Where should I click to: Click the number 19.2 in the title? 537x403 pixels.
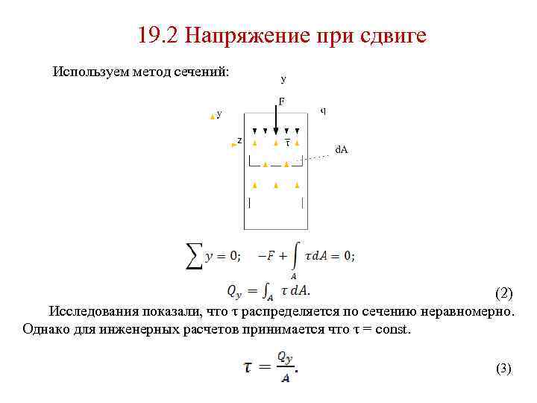157,35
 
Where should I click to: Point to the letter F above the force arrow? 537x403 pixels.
282,101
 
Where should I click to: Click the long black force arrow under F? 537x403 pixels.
276,119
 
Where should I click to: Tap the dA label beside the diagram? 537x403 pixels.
341,150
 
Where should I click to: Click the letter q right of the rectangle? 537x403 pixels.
322,110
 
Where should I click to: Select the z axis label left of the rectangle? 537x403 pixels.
239,140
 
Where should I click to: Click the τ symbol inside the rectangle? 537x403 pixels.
288,142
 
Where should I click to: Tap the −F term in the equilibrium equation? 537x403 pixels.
266,255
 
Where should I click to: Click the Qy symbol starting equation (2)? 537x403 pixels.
233,290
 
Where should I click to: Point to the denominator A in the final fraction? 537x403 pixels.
286,378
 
